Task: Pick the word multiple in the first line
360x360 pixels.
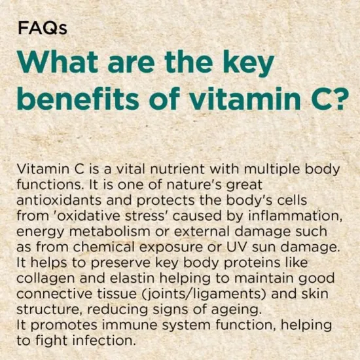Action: (268, 168)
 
